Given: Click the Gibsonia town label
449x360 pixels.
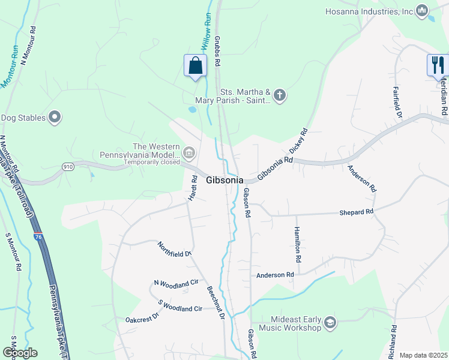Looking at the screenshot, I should (x=224, y=180).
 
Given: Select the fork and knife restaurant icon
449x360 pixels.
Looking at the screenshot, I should (x=438, y=64).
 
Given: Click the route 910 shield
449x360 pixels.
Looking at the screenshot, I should (x=67, y=166).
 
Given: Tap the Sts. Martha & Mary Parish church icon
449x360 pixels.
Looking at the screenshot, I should (x=279, y=94).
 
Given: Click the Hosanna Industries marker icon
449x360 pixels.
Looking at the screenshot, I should (x=422, y=11).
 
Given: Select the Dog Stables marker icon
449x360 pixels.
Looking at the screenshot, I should (x=55, y=117).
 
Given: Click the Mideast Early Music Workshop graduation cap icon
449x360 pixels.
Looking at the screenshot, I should (x=330, y=323).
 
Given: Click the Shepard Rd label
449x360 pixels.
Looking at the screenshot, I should (x=356, y=212).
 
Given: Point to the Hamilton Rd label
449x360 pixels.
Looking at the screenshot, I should (x=297, y=244).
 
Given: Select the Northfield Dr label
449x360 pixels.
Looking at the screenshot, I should (x=174, y=249).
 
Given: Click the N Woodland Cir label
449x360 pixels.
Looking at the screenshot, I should (x=176, y=282).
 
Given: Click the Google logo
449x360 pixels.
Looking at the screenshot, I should (x=20, y=353).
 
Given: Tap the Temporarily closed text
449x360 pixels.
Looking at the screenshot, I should (x=152, y=162).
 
